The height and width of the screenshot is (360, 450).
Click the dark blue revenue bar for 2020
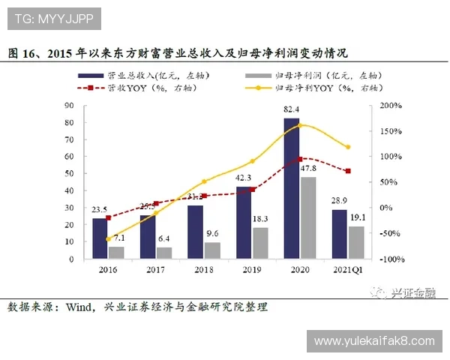click(x=291, y=187)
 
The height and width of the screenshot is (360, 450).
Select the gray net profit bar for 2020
click(x=307, y=217)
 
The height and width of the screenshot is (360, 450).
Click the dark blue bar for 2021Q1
click(x=340, y=234)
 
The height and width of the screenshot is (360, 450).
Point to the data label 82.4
click(x=292, y=110)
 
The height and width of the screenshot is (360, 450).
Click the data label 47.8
click(x=308, y=169)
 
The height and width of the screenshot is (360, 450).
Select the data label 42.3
click(x=244, y=178)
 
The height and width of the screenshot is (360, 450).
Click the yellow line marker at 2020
click(x=300, y=124)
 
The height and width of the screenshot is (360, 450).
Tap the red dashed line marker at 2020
click(x=300, y=159)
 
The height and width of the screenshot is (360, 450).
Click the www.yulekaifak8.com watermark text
click(x=374, y=341)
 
